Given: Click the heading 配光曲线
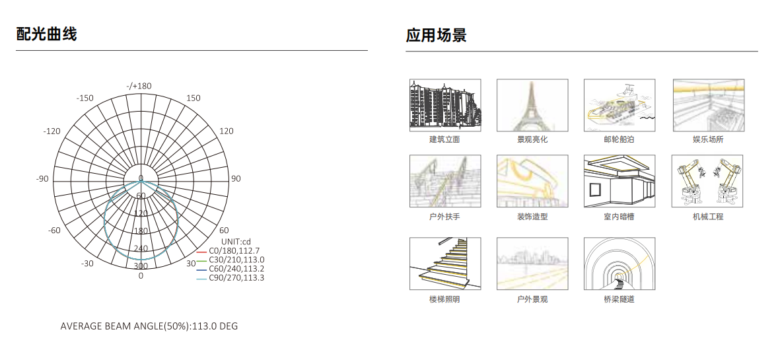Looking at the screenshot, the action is coord(47,34).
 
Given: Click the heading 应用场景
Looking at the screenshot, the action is coord(436,35).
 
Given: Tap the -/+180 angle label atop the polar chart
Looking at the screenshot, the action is coord(139,86).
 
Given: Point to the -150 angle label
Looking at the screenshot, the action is coord(85,98).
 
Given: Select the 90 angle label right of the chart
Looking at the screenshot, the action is coord(236,179).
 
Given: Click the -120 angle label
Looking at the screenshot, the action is coord(52,131).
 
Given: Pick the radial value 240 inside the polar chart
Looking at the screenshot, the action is coord(141,248).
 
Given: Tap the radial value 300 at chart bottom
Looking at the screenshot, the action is coord(141,266).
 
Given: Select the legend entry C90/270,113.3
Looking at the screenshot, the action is coord(236,277).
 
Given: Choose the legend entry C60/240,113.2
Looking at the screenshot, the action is coord(236,269).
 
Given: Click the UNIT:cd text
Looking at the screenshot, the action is coord(236,242).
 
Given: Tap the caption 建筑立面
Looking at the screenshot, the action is coord(444,139).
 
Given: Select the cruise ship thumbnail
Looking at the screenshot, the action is coord(619,105).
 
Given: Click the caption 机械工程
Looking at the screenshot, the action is coord(708,217).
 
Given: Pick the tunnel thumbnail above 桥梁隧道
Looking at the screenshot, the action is coord(619,264).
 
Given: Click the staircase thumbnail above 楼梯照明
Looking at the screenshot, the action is coord(445,264).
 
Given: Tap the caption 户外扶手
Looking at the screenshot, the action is coord(444,217).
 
